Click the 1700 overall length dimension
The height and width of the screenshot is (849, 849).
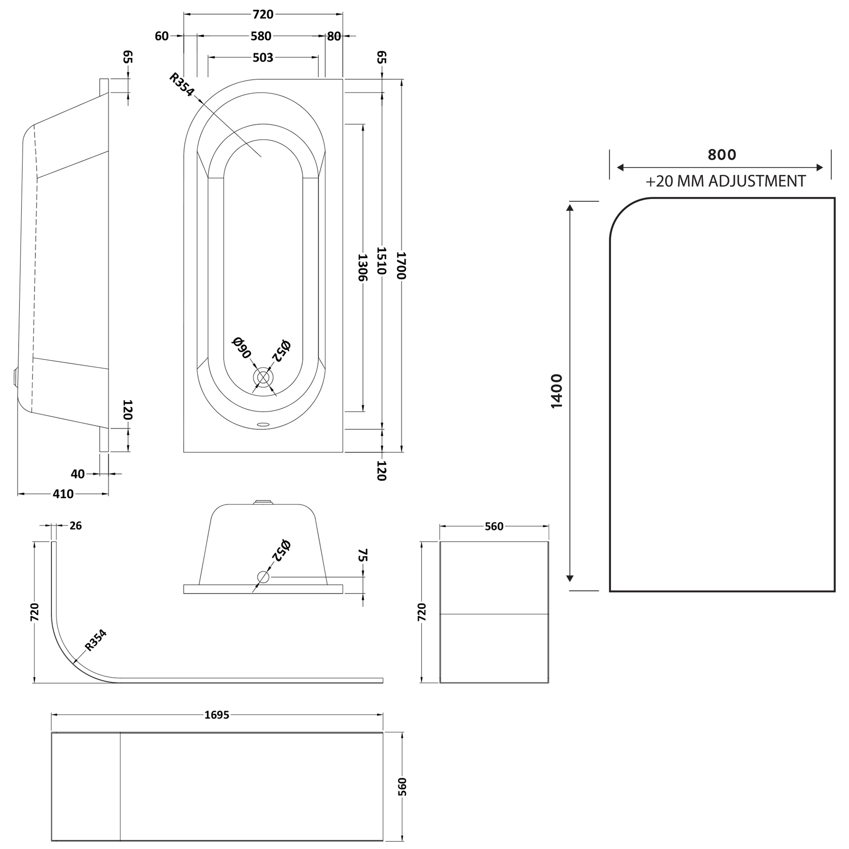point(401,265)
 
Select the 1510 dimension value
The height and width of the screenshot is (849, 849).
point(382,261)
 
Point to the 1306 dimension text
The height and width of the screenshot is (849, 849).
point(362,267)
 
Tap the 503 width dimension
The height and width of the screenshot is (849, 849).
point(263,58)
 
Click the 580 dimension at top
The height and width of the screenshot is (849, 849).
point(261,36)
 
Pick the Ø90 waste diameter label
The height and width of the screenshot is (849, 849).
point(241,348)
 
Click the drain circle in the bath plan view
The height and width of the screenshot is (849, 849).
point(263,377)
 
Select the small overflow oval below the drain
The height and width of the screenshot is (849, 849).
point(263,424)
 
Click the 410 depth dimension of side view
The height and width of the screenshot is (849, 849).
point(63,494)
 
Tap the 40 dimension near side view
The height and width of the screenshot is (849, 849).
point(77,474)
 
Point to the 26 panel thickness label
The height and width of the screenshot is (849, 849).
point(76,526)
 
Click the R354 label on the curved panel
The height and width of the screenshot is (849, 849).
point(96,640)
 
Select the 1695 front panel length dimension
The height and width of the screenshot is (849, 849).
point(216,715)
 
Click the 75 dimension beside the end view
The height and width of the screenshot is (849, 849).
point(363,555)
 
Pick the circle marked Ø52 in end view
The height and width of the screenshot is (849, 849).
point(263,577)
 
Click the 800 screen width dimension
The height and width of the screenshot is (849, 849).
point(722,155)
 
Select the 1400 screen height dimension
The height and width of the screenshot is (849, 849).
point(557,391)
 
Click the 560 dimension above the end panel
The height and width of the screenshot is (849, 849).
point(494,526)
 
